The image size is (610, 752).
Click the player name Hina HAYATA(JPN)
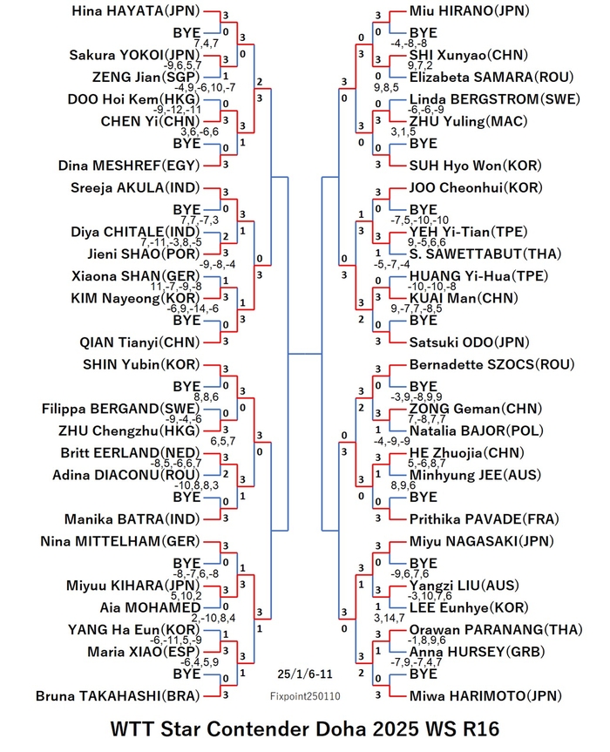click(136, 11)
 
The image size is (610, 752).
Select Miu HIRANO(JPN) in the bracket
click(469, 11)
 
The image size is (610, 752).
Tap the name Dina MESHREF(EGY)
click(129, 166)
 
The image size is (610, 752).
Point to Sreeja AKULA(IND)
click(135, 187)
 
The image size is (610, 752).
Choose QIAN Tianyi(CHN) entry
click(139, 342)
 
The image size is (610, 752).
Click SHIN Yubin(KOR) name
click(141, 364)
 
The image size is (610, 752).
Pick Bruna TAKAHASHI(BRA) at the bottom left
click(118, 696)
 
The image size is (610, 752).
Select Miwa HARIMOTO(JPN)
click(485, 696)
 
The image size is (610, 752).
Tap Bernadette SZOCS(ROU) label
click(491, 364)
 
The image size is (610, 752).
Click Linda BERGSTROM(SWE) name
click(494, 99)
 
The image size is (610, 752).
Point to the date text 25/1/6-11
click(305, 674)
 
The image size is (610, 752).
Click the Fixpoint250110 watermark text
click(305, 696)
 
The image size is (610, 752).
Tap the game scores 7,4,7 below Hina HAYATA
click(207, 44)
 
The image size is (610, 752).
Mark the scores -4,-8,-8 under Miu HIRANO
click(409, 44)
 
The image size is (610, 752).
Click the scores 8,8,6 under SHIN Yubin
click(207, 397)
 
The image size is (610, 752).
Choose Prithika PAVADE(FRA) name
click(485, 519)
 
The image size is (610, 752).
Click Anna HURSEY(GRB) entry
click(478, 652)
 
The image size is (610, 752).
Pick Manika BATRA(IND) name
click(132, 519)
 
